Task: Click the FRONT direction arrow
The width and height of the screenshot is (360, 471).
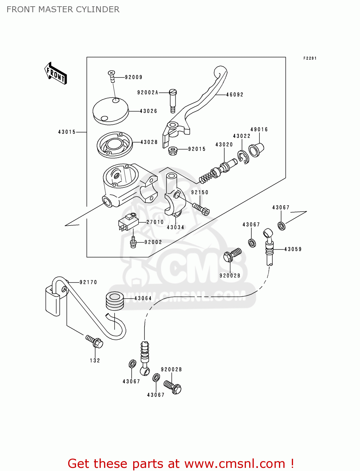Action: coord(56,73)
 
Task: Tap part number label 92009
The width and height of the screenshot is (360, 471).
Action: coord(134,77)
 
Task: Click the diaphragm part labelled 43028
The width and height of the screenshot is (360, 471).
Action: coord(114,145)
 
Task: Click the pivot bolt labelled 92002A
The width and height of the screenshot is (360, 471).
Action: coord(173,100)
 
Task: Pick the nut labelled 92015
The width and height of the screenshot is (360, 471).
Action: coord(172,151)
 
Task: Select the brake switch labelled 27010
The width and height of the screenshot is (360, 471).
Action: coord(128,222)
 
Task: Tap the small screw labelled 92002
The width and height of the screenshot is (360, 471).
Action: coord(133,242)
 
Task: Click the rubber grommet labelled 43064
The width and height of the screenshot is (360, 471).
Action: coord(115,300)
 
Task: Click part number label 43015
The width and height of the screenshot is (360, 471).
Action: coord(67,132)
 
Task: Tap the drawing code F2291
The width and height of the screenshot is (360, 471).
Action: coord(310,58)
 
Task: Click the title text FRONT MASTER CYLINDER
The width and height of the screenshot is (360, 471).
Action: coord(63,9)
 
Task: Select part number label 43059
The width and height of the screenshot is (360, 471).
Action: coord(293,249)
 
